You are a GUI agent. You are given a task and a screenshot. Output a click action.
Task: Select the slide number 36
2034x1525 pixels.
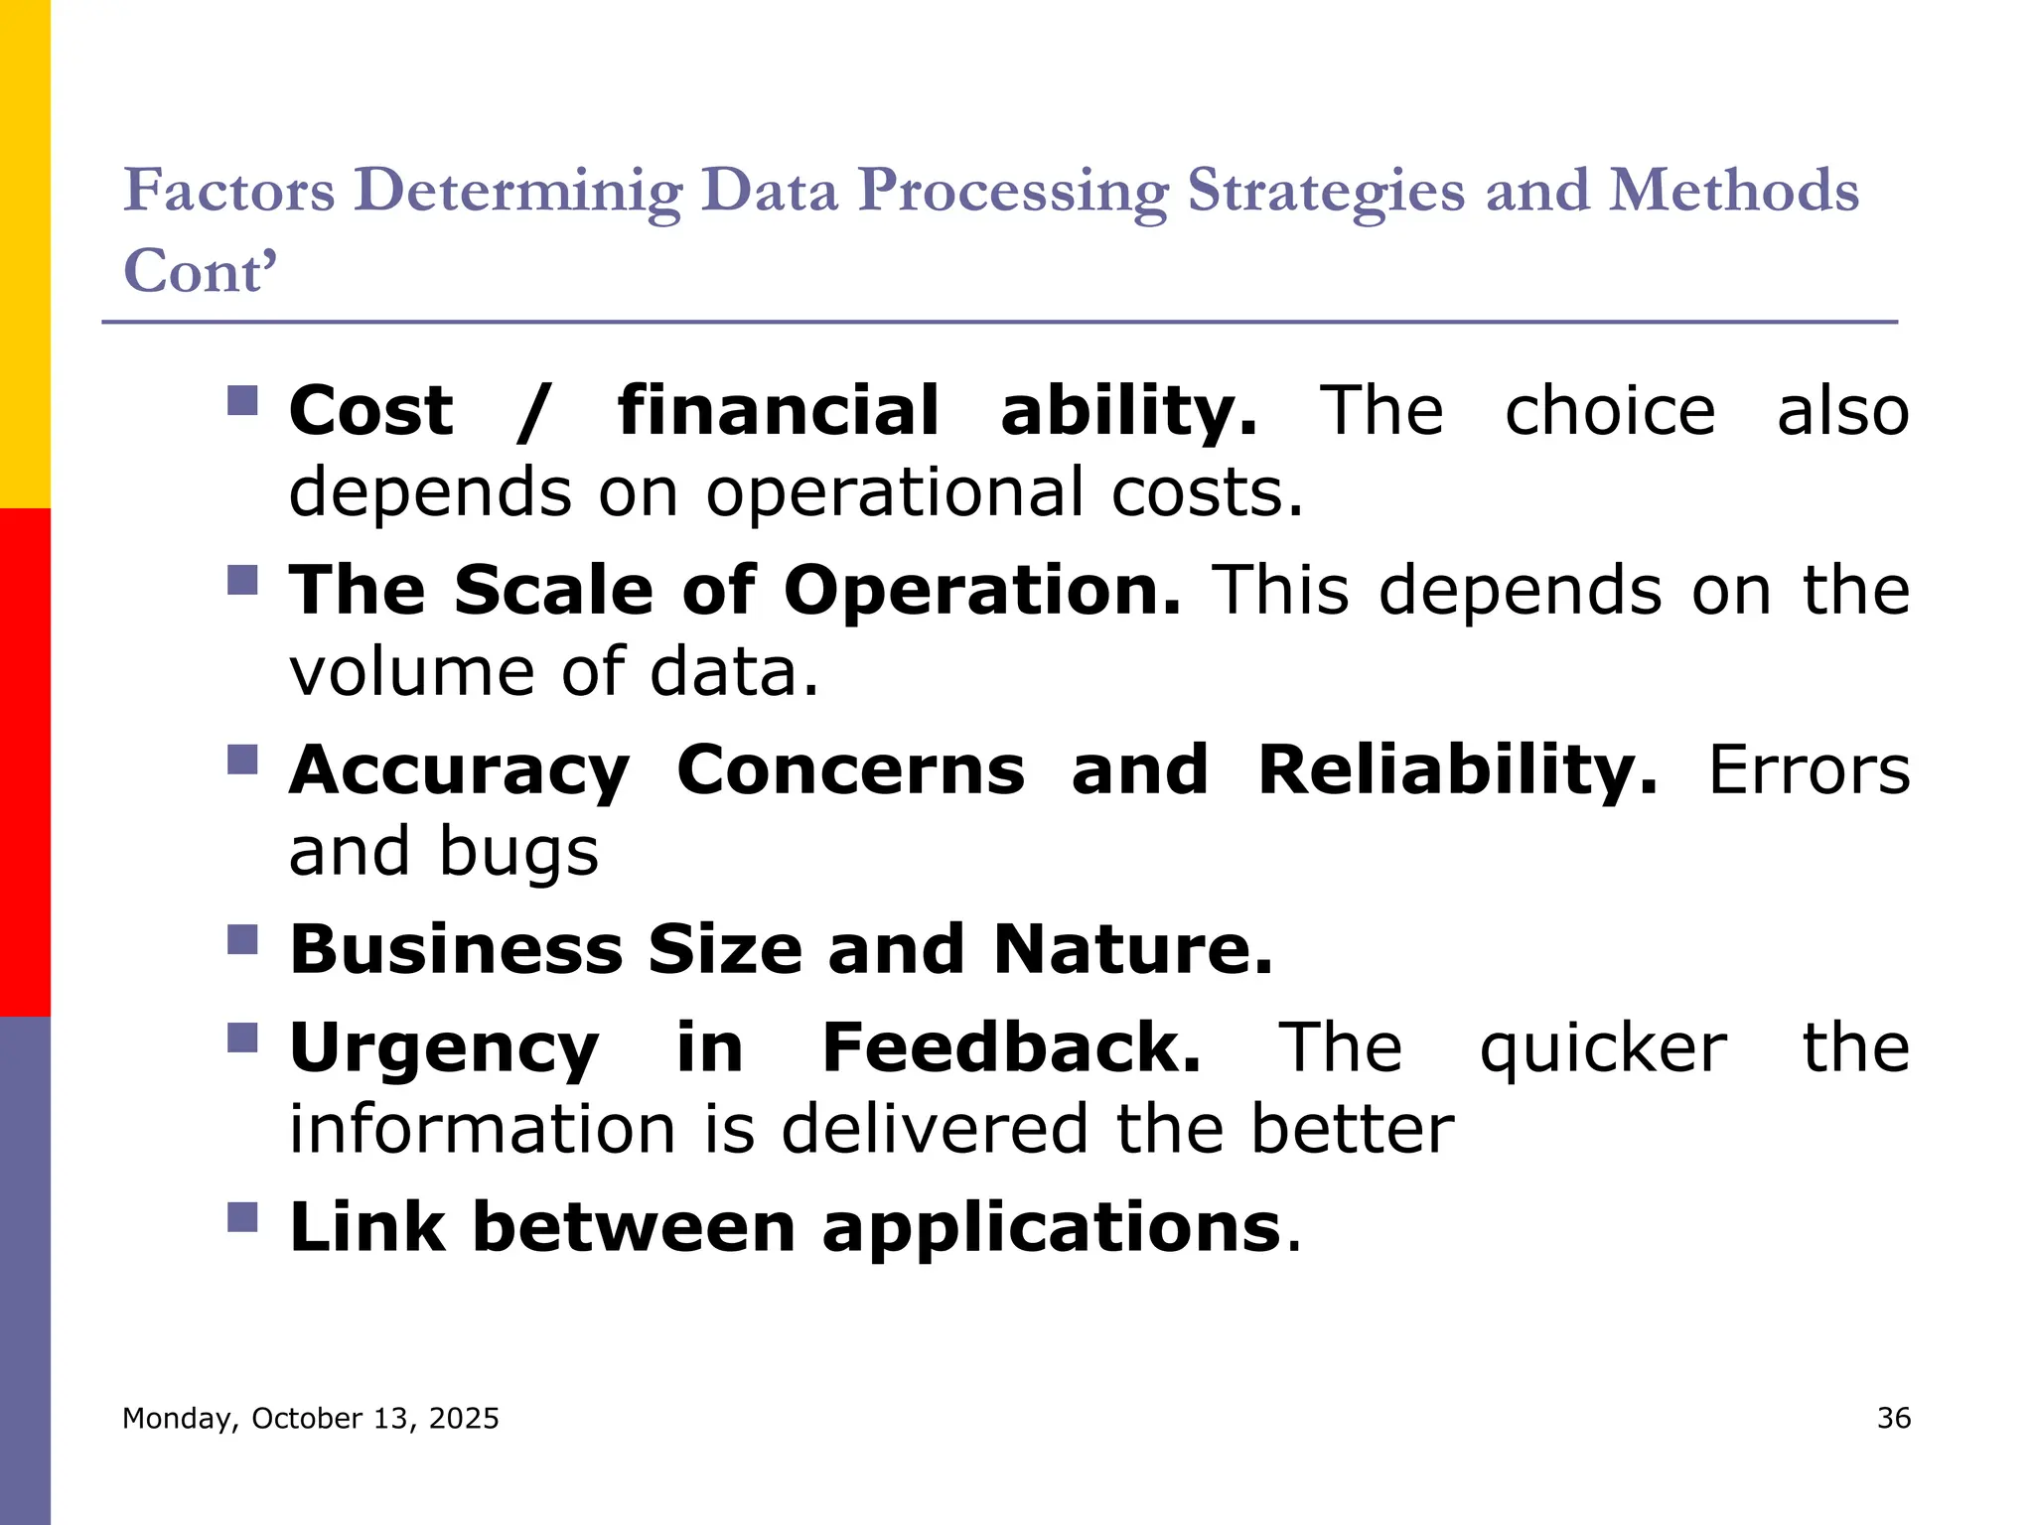coord(1893,1418)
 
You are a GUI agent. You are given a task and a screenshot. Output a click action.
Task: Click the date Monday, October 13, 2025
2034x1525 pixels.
coord(310,1418)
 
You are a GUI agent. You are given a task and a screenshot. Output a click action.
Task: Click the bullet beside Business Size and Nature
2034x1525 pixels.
coord(242,939)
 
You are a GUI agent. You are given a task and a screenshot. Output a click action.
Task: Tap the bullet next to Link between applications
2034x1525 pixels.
coord(242,1217)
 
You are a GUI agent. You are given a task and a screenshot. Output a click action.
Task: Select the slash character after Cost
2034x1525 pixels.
coord(533,412)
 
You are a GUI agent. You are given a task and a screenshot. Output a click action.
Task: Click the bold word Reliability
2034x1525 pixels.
coord(1457,770)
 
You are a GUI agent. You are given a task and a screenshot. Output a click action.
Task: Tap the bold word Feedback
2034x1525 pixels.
coord(1011,1048)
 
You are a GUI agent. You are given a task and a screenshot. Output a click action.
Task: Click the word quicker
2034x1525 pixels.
coord(1603,1050)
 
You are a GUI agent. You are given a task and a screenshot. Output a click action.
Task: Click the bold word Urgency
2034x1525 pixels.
coord(444,1050)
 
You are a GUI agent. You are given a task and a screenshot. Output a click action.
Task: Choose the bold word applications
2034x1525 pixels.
coord(1052,1229)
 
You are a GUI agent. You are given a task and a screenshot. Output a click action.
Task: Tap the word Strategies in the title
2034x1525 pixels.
coord(1326,191)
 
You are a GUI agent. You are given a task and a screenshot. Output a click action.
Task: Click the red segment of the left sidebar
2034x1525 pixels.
coord(25,762)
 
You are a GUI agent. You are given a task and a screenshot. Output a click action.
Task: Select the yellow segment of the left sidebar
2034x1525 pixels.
coord(25,253)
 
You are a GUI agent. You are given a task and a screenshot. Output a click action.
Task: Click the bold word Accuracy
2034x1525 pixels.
coord(459,772)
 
